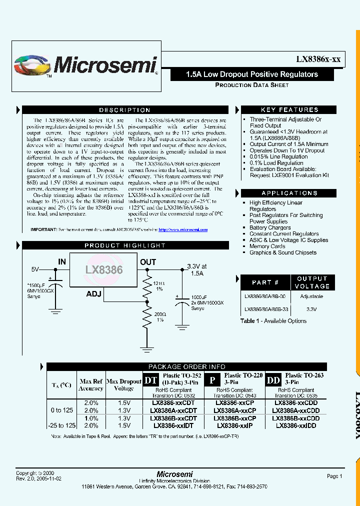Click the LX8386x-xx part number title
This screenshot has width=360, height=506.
(x=318, y=59)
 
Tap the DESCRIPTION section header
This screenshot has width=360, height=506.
(x=124, y=110)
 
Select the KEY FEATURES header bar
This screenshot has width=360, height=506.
(x=289, y=110)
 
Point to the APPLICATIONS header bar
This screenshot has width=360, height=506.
(x=289, y=193)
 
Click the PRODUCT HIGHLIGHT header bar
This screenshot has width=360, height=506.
(x=124, y=245)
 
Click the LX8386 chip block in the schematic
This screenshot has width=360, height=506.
(x=103, y=269)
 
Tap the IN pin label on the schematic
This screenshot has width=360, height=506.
(x=62, y=261)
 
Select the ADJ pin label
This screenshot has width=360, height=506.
(x=94, y=294)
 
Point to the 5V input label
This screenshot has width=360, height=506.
(x=35, y=269)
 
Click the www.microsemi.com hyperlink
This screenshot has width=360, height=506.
(x=183, y=229)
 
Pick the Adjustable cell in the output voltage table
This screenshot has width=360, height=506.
(x=311, y=296)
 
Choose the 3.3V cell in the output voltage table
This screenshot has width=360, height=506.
(x=311, y=309)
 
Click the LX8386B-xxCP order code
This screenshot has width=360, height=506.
(x=234, y=418)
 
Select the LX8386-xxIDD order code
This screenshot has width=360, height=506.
(x=295, y=425)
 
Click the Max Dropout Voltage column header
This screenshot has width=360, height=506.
(x=124, y=384)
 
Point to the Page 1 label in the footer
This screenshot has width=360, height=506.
(x=334, y=476)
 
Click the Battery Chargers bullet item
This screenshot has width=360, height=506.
(x=270, y=227)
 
